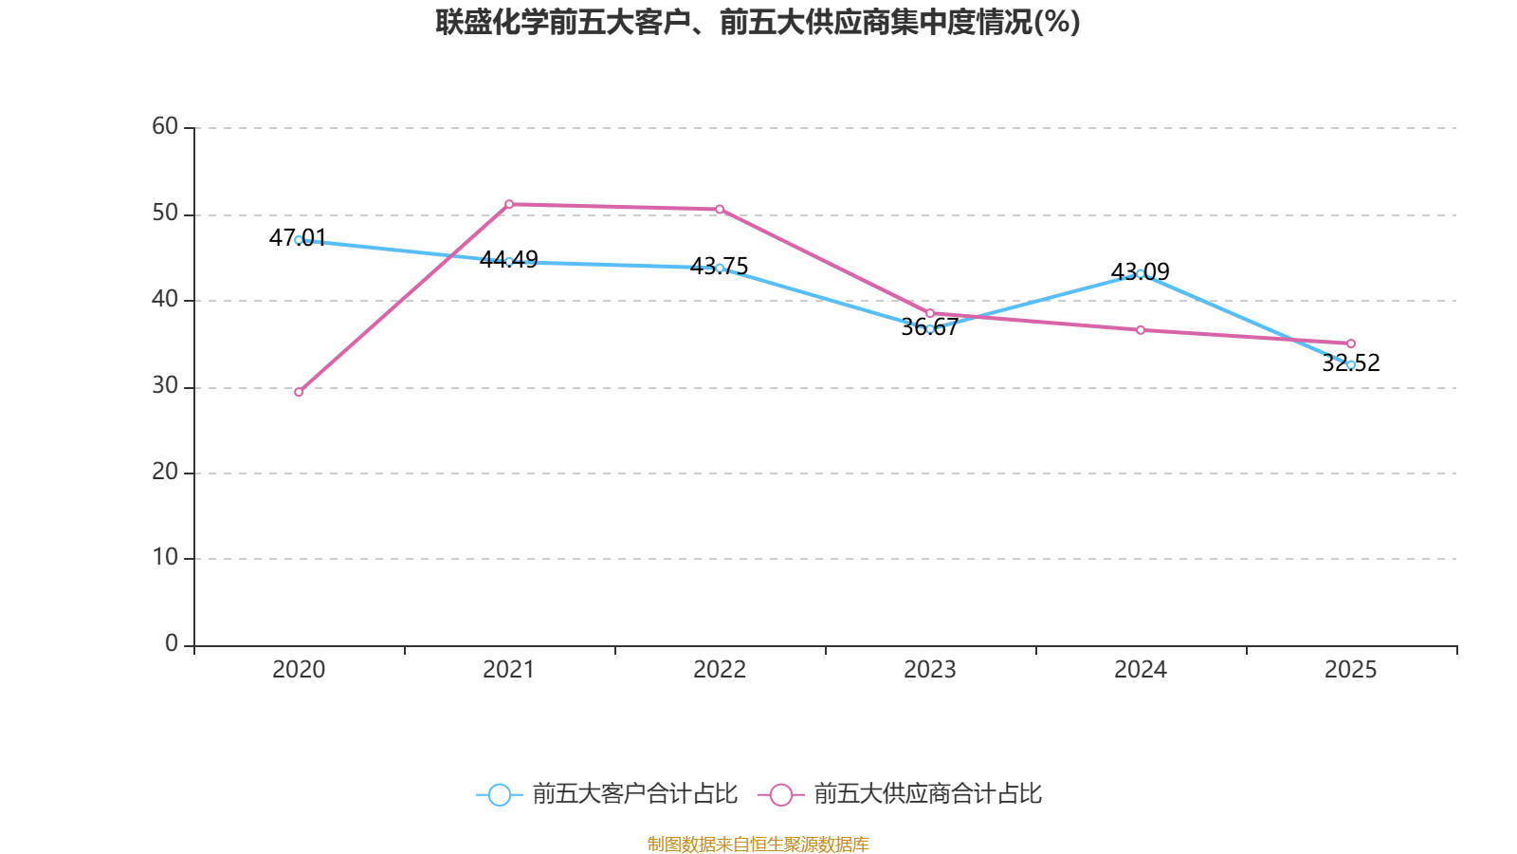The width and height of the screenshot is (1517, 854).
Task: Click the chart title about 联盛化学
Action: (x=758, y=22)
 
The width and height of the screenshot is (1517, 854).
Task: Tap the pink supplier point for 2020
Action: (x=299, y=392)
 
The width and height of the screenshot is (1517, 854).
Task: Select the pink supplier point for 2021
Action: (x=509, y=204)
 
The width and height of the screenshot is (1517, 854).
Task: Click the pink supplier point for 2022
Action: (x=720, y=209)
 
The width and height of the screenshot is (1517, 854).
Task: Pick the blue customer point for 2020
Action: (x=299, y=240)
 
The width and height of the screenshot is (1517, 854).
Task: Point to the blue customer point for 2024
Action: (x=1140, y=273)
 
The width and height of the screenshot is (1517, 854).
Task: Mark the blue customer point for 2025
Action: (x=1351, y=364)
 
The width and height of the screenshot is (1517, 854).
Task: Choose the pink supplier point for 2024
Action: (x=1140, y=330)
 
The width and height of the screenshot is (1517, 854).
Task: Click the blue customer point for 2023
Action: (x=930, y=328)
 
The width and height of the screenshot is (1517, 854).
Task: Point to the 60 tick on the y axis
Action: (x=165, y=126)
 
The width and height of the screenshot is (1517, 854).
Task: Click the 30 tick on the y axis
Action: (x=165, y=386)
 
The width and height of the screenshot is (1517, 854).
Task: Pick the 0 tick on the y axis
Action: (x=172, y=644)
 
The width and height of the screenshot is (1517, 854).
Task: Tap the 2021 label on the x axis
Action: (x=509, y=670)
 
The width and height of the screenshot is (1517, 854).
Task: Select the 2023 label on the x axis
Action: (x=930, y=670)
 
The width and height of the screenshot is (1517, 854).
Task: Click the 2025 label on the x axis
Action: (x=1350, y=670)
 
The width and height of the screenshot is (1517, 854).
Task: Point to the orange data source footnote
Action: (x=758, y=844)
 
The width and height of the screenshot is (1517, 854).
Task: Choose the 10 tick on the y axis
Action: (x=165, y=558)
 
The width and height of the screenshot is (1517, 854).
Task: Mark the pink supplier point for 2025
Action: (x=1351, y=343)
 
